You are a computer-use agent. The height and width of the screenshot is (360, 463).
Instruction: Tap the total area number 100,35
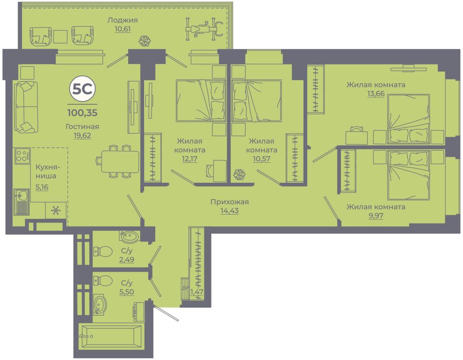tap(82, 113)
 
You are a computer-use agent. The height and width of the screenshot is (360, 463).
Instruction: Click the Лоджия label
tap(122, 20)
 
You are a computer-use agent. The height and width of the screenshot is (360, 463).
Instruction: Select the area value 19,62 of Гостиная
tap(82, 135)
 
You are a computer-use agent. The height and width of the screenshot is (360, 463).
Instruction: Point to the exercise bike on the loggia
tap(204, 29)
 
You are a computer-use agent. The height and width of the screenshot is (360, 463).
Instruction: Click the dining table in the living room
tap(120, 161)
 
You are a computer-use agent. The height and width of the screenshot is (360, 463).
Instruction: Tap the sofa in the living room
tap(26, 107)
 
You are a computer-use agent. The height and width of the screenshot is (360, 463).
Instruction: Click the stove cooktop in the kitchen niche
tap(22, 155)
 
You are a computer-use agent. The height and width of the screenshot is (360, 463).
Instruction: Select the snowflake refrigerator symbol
tap(56, 210)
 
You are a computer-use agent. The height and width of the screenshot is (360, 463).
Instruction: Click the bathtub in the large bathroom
tap(111, 336)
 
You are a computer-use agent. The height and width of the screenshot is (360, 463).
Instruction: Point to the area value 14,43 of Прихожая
tap(230, 210)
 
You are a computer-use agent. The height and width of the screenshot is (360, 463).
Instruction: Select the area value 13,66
tap(376, 94)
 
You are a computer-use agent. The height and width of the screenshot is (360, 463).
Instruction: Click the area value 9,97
tap(376, 216)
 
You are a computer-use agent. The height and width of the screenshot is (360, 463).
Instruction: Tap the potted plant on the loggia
tap(145, 41)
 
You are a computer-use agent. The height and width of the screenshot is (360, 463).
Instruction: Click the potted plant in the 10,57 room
tap(239, 174)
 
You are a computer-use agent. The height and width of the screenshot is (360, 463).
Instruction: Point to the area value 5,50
tap(126, 292)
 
